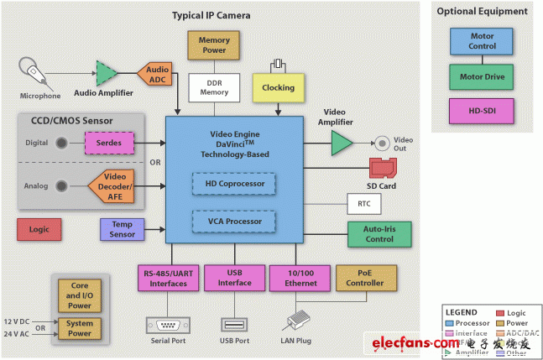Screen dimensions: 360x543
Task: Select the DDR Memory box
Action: coord(213,86)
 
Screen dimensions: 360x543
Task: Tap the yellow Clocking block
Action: coord(278,86)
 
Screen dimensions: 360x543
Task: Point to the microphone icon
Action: coord(32,68)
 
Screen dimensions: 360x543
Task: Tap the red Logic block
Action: coord(40,228)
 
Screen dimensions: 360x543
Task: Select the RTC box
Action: coord(363,203)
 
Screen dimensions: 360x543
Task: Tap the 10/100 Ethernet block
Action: coord(300,278)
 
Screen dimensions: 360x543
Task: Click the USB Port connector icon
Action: coord(232,323)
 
